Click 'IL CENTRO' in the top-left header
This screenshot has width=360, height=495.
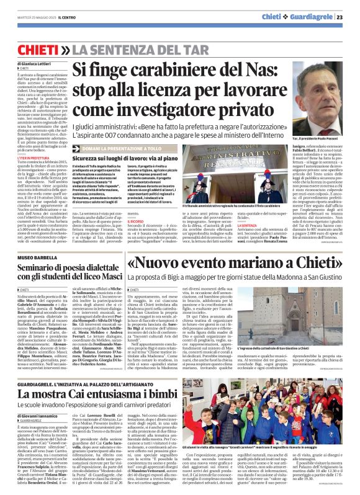click(65, 17)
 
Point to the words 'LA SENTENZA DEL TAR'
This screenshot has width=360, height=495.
click(122, 48)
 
